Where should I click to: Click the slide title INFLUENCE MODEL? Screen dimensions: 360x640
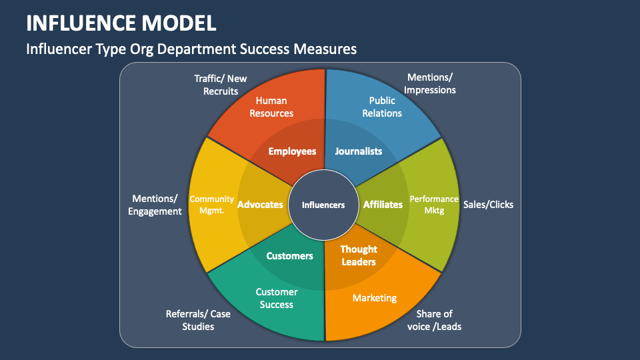[121, 22]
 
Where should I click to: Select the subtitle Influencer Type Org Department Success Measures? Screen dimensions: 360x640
[191, 49]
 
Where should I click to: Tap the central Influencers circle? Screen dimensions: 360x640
[323, 205]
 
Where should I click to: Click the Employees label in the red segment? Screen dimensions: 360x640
[292, 151]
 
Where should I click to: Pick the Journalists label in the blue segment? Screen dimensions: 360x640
[358, 151]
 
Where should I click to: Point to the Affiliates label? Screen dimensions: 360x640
[383, 205]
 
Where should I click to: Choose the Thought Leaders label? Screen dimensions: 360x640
[359, 255]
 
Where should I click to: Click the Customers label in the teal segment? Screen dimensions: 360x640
[289, 255]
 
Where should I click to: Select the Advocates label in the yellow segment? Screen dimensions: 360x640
[260, 205]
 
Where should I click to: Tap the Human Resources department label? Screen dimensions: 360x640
[271, 107]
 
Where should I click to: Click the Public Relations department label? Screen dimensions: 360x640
[382, 107]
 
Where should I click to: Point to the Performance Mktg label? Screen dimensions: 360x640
[434, 205]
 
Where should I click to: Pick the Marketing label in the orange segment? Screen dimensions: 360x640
[375, 298]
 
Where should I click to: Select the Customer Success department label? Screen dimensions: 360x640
[277, 298]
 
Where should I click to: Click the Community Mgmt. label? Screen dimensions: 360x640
[212, 205]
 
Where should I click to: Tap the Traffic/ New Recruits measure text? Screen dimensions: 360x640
[221, 85]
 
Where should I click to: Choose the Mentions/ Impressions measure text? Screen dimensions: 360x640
[431, 83]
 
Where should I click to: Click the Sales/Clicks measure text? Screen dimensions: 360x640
[488, 205]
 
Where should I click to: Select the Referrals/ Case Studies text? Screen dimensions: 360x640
[198, 320]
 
